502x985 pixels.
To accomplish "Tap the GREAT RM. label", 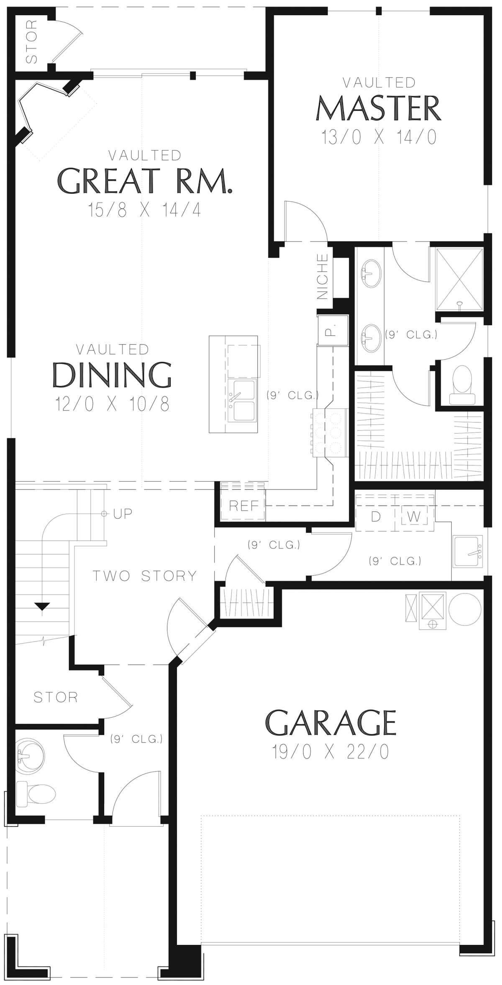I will coord(144,181).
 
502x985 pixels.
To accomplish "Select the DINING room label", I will coord(112,375).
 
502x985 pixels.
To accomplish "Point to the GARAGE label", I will coord(330,723).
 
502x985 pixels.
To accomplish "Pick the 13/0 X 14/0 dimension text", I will coord(379,137).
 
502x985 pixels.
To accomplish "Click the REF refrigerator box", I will coord(243,506).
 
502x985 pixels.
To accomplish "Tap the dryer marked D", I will coord(376,517).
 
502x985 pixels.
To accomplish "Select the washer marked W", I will coord(414,517).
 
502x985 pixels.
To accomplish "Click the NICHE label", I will coord(323,277).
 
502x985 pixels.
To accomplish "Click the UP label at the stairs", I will coord(123,514).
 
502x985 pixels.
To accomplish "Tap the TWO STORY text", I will coord(144,576).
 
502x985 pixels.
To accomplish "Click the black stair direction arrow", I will coord(42,606).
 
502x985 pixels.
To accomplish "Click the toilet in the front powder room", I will coord(37,793).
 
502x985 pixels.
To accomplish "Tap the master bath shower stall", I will coord(459,280).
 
